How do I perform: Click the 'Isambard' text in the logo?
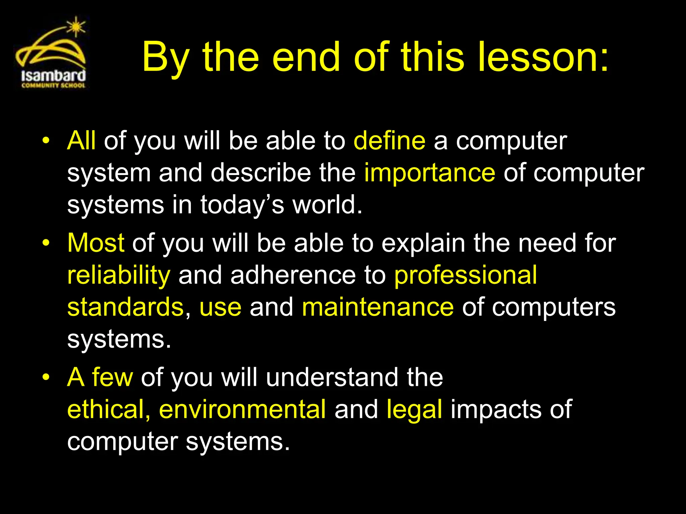click(54, 76)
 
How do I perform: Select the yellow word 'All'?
click(81, 141)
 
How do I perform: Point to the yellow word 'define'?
click(390, 141)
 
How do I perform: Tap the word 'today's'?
click(242, 205)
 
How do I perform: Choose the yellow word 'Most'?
click(96, 243)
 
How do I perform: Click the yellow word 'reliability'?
click(119, 275)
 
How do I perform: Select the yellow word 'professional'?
click(466, 275)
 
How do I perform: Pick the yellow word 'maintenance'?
click(378, 307)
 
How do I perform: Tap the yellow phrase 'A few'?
click(100, 377)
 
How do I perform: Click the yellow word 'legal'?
click(414, 410)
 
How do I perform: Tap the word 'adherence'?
click(293, 275)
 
